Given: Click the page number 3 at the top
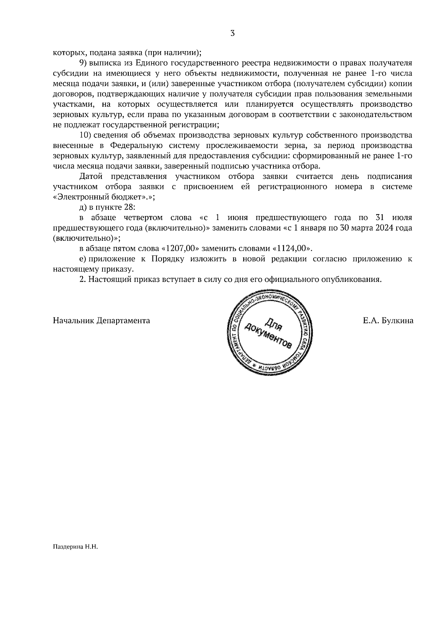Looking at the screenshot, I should click(232, 34).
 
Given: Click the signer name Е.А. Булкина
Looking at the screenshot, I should click(388, 321).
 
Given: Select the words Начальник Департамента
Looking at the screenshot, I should click(102, 321).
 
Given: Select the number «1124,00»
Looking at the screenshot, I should click(292, 249).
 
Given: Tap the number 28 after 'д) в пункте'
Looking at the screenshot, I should click(132, 207).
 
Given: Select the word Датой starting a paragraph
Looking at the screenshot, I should click(91, 176).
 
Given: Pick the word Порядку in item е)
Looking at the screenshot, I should click(167, 259).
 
